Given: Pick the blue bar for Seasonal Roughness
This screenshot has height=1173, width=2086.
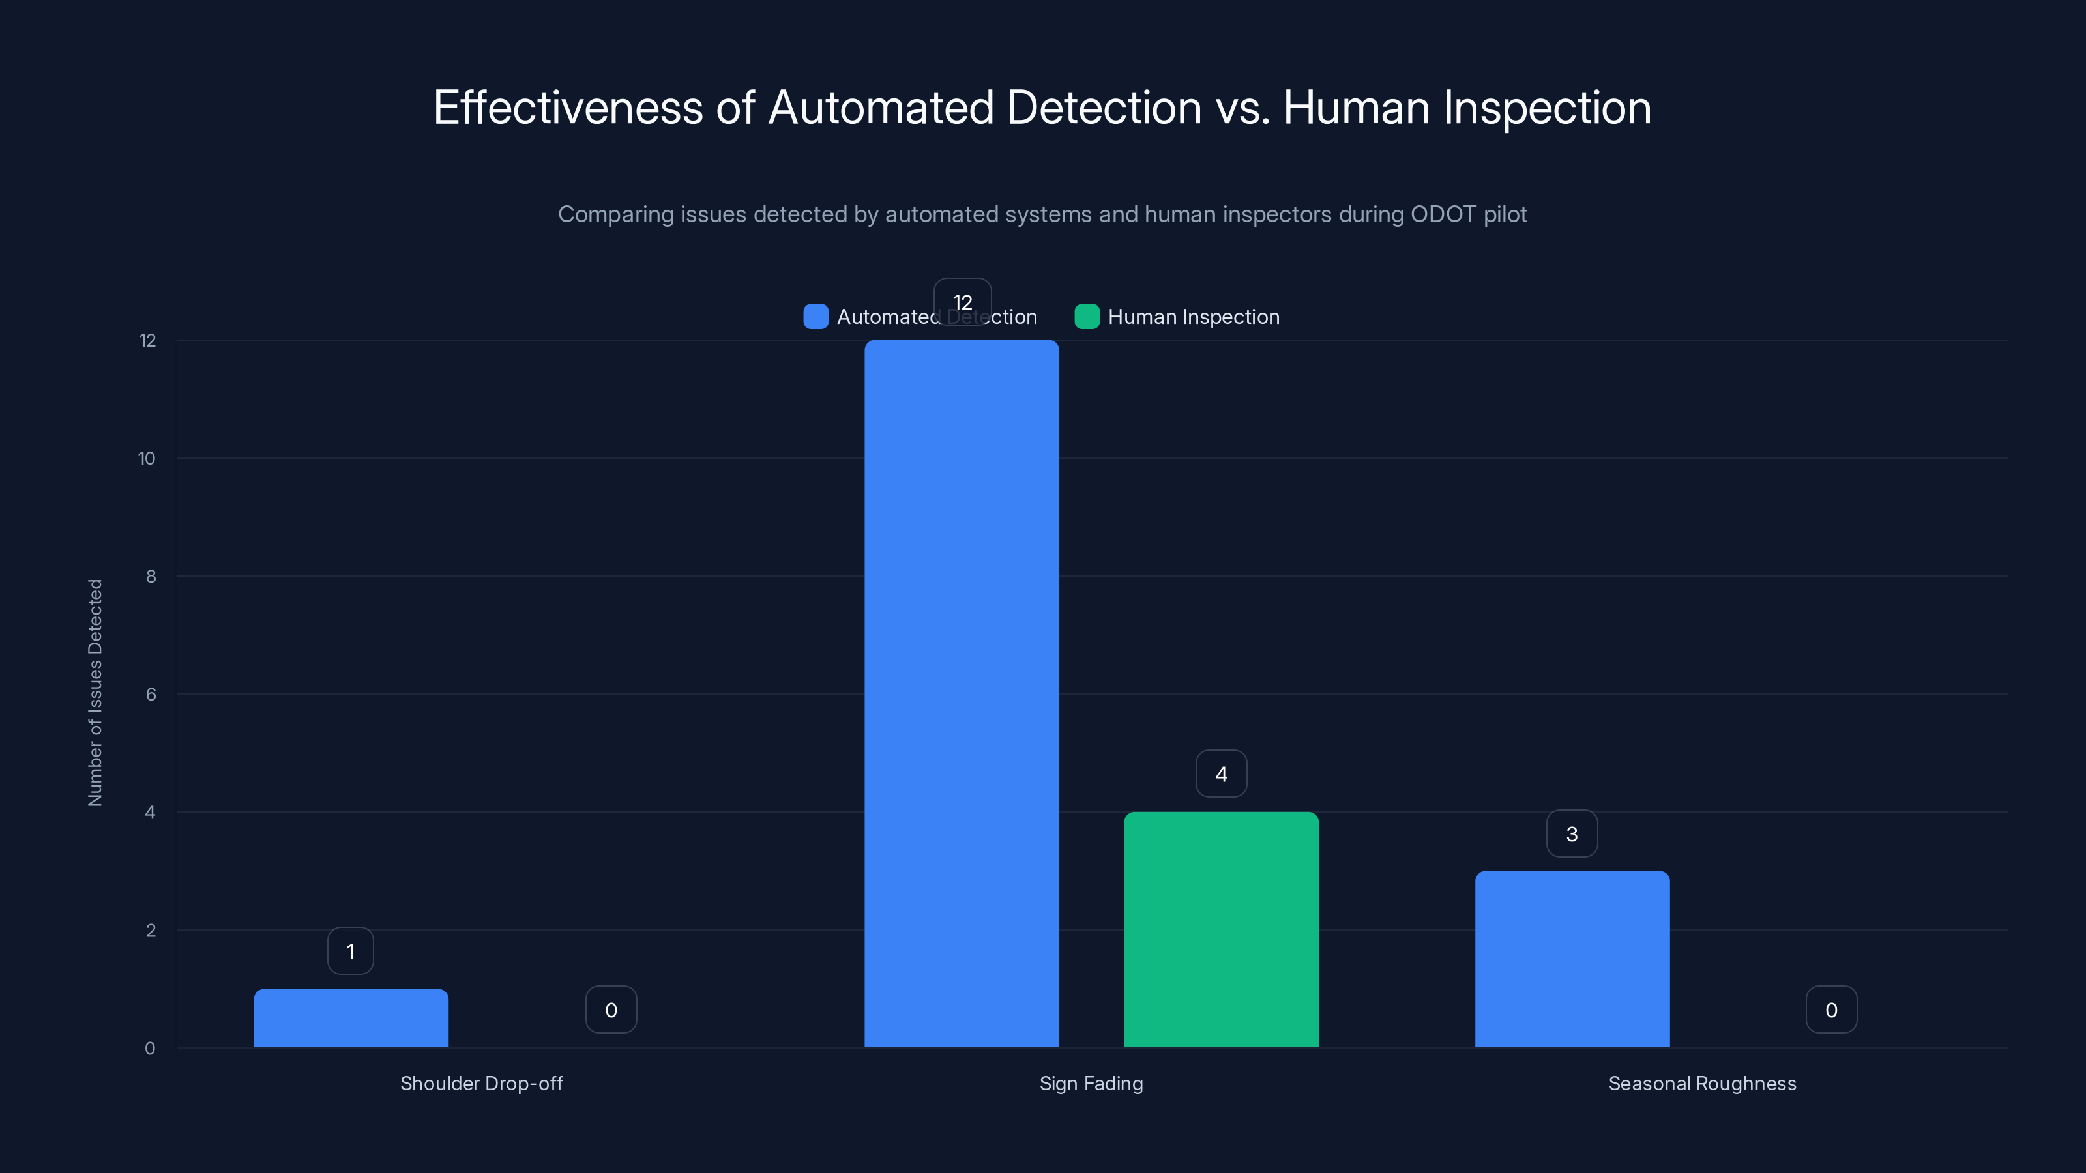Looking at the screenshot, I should point(1572,959).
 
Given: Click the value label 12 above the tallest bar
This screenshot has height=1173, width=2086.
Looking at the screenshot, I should point(962,302).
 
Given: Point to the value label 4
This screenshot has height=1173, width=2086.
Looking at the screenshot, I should point(1221,774).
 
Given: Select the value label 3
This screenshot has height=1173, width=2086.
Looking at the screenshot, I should point(1572,834).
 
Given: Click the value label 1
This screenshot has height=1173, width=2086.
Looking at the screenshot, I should point(351,951).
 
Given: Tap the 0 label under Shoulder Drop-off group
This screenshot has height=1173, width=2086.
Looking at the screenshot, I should point(611,1009).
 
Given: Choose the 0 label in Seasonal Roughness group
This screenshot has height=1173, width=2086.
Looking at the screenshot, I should point(1831,1009).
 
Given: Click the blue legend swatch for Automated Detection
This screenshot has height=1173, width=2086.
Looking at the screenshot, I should point(815,317).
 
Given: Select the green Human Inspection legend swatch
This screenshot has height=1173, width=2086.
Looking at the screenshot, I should point(1087,317).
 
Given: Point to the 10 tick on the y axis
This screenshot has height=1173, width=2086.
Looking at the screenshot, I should point(147,458).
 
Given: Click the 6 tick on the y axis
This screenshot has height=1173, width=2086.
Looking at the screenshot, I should point(151,695).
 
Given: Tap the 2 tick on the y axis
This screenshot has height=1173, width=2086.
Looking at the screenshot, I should point(151,930).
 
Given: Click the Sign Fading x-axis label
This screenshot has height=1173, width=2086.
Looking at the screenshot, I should point(1091,1083).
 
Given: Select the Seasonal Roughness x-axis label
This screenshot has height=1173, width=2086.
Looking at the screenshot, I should point(1702,1083).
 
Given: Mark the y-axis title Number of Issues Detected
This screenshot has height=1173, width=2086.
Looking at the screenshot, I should point(96,692).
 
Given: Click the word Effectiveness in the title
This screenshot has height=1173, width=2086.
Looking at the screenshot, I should point(568,108).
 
